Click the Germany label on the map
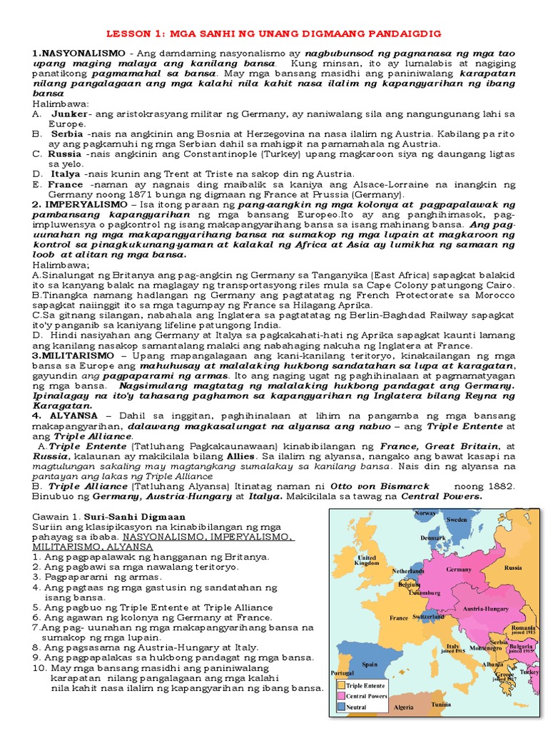(459, 570)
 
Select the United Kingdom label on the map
(367, 561)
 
